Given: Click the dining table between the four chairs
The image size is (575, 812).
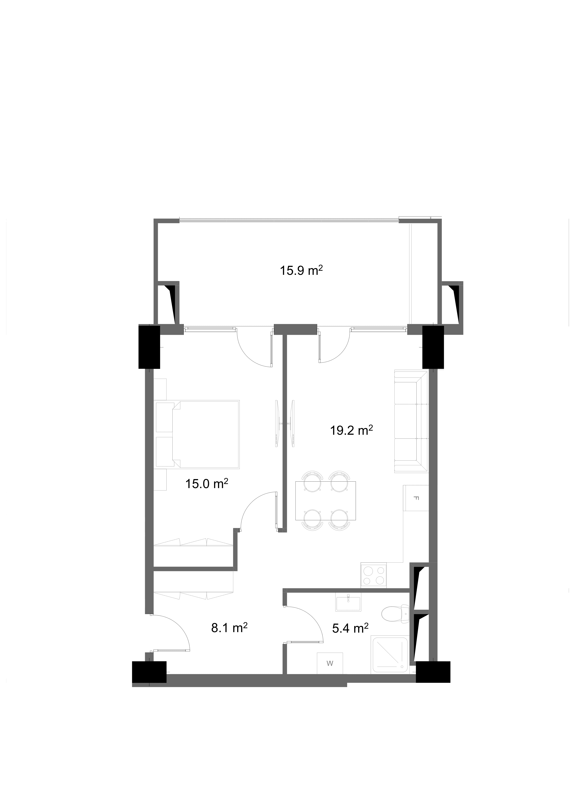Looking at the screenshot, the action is coord(325,500).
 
